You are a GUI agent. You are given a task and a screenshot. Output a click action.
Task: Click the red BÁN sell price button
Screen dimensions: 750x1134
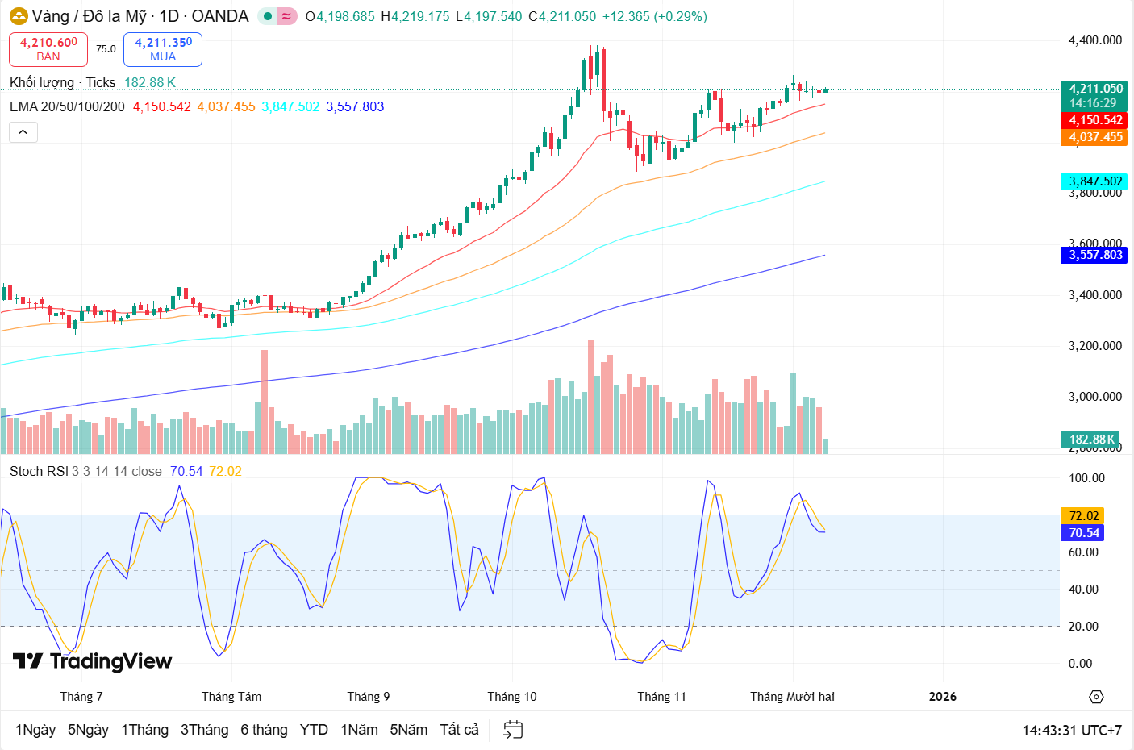point(48,49)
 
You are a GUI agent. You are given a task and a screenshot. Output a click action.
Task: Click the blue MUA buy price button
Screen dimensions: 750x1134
point(163,49)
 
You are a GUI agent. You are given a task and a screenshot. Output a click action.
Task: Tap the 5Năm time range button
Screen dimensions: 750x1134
point(408,730)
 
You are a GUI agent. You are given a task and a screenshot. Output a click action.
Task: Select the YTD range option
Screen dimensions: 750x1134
point(314,730)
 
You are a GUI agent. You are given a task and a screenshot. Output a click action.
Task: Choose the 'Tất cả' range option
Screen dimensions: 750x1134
point(459,730)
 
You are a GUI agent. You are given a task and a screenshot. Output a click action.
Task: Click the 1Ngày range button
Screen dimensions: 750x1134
point(35,730)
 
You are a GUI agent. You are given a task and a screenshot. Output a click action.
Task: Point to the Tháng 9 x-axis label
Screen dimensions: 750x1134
point(369,697)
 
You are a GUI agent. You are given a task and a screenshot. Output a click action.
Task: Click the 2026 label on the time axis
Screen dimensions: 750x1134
point(942,697)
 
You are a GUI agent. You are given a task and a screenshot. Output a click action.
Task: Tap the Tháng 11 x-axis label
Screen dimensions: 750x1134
point(661,697)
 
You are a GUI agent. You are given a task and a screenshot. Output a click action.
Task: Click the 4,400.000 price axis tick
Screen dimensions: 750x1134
point(1094,40)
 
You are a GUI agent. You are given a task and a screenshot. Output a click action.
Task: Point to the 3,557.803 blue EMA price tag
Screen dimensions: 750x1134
point(1094,255)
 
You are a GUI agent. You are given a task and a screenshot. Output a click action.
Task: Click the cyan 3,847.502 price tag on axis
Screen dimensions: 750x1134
point(1094,181)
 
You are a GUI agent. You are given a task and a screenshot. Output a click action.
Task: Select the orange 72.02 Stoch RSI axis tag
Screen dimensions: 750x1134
point(1083,516)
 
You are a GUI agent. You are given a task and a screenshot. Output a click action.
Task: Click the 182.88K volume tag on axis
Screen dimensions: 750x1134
point(1090,440)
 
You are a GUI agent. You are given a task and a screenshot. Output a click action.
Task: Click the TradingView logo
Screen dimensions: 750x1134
point(93,661)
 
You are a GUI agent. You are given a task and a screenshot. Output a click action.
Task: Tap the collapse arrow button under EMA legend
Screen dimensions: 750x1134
point(23,132)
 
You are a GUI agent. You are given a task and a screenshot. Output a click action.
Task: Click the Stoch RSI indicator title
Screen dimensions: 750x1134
point(39,471)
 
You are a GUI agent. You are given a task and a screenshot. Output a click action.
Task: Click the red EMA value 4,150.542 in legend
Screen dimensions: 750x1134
point(162,106)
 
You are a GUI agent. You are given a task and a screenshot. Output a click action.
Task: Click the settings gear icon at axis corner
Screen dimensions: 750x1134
point(1095,697)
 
